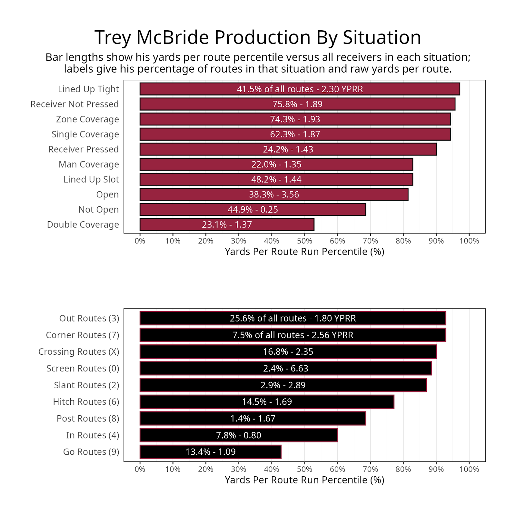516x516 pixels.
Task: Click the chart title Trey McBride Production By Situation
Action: click(x=258, y=37)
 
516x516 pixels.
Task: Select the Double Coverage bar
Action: click(x=227, y=224)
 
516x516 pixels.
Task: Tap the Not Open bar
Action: click(x=253, y=210)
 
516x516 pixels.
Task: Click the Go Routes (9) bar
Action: click(x=210, y=452)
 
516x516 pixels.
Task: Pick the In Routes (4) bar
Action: click(x=238, y=435)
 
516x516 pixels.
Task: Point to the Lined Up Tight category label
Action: click(x=88, y=89)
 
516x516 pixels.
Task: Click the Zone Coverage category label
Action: click(x=87, y=119)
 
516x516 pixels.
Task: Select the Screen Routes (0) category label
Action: click(x=83, y=368)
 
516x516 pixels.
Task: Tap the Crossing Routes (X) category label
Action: click(x=79, y=352)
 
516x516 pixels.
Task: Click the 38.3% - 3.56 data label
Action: click(x=274, y=194)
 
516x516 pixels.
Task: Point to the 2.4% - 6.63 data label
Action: click(x=285, y=368)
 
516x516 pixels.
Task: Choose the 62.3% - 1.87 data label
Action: click(x=295, y=134)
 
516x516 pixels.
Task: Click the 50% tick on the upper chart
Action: click(x=304, y=241)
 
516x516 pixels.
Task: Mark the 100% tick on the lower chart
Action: click(x=469, y=469)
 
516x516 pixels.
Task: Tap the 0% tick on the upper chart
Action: click(x=140, y=241)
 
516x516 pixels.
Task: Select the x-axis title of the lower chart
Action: click(x=304, y=480)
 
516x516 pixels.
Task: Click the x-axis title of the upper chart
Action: click(x=304, y=252)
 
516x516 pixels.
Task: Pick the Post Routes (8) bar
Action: click(x=253, y=418)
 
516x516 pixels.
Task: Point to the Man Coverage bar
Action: click(x=276, y=164)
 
